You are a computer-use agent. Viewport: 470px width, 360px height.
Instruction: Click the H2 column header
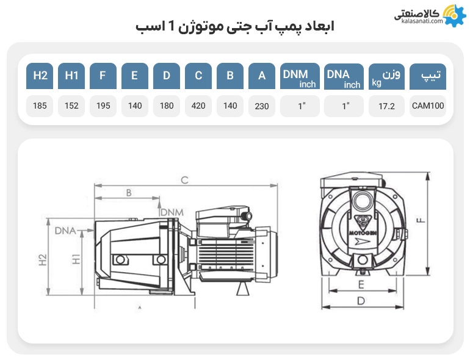click(x=40, y=76)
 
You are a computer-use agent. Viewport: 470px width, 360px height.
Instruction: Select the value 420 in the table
click(x=198, y=106)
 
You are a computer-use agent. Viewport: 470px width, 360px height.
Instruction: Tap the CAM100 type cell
click(x=428, y=106)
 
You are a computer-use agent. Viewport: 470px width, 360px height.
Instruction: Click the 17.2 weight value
click(x=386, y=106)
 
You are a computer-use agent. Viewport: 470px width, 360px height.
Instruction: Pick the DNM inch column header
click(x=300, y=76)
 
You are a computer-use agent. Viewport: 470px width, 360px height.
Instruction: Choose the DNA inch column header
click(x=344, y=76)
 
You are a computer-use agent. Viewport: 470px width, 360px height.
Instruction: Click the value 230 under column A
click(x=262, y=106)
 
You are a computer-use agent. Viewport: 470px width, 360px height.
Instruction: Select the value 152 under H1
click(x=71, y=106)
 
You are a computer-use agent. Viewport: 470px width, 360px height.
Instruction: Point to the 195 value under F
click(x=103, y=106)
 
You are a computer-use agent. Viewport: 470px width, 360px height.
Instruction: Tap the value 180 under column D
click(x=167, y=106)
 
